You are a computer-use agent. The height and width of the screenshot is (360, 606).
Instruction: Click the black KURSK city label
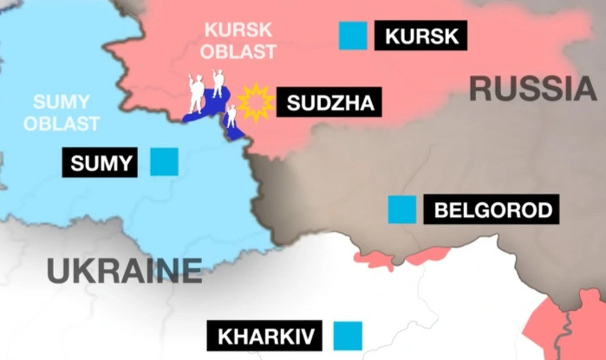421,36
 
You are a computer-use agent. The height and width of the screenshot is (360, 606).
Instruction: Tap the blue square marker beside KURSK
353,36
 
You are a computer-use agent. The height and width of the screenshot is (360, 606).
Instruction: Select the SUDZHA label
330,103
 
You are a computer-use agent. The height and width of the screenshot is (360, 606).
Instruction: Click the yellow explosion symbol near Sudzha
256,102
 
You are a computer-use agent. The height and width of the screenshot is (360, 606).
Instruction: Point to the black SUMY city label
100,162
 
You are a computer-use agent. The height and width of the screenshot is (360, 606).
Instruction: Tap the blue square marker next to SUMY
164,162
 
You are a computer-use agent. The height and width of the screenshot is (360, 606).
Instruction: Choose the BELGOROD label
491,210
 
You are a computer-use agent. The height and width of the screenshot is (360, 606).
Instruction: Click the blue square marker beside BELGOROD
402,210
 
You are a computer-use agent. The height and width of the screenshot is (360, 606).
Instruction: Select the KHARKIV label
264,336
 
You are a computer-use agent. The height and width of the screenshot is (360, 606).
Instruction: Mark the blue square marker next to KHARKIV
348,336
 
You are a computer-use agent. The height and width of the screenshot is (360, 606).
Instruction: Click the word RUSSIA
532,90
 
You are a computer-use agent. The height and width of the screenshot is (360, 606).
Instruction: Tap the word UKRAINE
125,271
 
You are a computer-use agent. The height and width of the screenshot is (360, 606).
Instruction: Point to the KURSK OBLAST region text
238,40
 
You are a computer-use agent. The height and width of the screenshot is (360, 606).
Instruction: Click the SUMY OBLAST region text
62,113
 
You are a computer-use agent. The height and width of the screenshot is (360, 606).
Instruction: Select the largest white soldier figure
196,94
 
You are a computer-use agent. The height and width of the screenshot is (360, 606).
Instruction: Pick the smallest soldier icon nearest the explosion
232,116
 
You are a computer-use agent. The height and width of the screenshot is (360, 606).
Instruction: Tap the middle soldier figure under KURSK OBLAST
218,83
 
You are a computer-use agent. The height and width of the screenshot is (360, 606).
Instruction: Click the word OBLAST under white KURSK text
238,51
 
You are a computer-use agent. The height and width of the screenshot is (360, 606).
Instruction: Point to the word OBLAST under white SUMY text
62,124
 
